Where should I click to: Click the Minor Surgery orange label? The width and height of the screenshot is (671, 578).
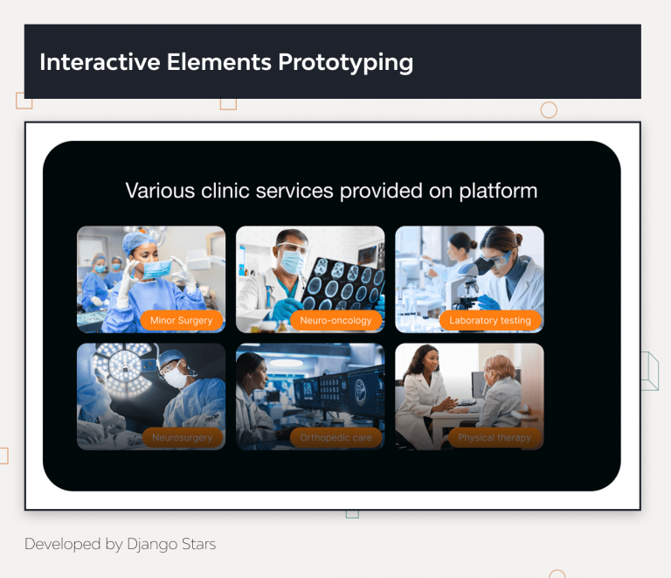tap(182, 321)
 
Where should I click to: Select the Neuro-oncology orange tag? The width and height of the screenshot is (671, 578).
tap(336, 321)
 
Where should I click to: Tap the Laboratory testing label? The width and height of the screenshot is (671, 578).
tap(490, 321)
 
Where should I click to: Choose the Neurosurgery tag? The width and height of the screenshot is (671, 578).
tap(182, 437)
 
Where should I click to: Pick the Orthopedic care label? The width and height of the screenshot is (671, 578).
tap(335, 437)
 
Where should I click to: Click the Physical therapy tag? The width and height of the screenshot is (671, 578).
tap(495, 437)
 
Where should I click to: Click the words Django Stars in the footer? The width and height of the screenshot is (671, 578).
tap(171, 544)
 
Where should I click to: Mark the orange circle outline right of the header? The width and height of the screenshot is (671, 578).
tap(549, 110)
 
